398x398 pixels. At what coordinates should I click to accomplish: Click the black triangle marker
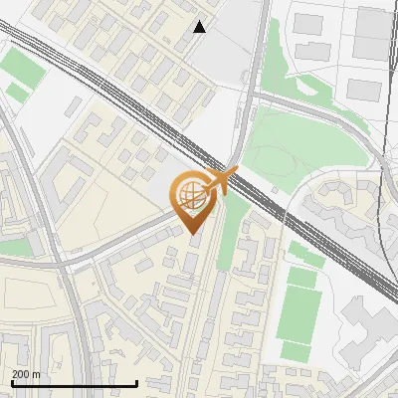click(x=200, y=27)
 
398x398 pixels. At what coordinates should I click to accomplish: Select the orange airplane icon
click(x=225, y=180)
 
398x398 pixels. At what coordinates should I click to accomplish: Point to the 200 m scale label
click(x=27, y=374)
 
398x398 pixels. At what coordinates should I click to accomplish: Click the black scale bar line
click(x=74, y=383)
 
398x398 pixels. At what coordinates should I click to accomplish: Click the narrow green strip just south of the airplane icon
click(x=231, y=224)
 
